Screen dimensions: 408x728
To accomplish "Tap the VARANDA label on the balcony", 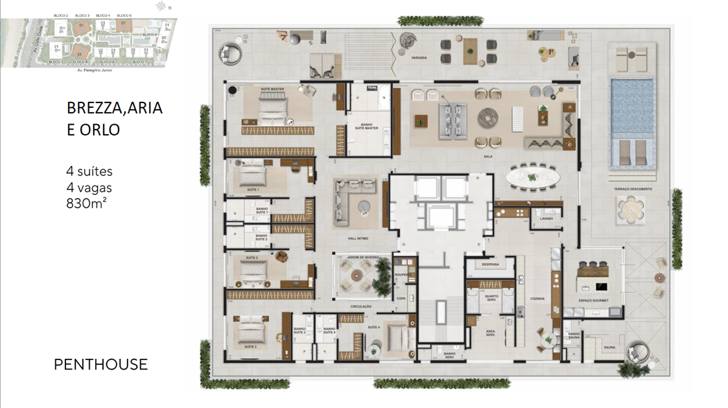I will [419, 58].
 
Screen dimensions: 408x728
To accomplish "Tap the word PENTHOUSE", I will [100, 365].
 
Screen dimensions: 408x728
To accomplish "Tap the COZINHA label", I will [537, 297].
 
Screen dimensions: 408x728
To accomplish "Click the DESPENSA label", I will [490, 264].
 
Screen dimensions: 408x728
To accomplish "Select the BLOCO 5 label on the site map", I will [124, 15].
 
